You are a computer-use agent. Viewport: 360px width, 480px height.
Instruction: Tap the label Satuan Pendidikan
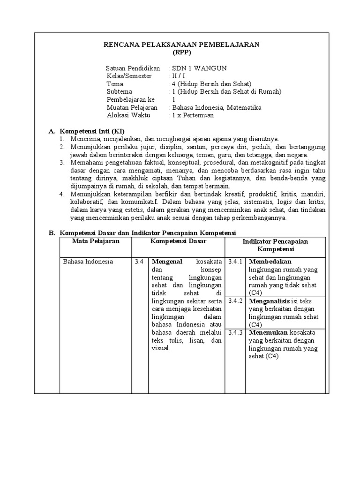point(133,68)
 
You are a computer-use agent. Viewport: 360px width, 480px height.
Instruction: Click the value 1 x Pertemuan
point(193,115)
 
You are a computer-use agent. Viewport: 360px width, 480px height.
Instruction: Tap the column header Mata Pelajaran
point(96,241)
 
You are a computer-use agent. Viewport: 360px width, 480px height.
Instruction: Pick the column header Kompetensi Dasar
point(178,241)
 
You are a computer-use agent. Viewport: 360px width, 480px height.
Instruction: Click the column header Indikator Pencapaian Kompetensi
point(275,245)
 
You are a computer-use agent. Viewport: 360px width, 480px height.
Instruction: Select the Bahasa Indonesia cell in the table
point(88,262)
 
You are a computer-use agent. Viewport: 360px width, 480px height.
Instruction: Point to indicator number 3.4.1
point(235,262)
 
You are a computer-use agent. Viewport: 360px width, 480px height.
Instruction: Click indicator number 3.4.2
point(235,301)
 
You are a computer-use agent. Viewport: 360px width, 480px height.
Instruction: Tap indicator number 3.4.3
point(235,332)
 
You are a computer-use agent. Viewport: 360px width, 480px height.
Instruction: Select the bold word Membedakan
point(270,262)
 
